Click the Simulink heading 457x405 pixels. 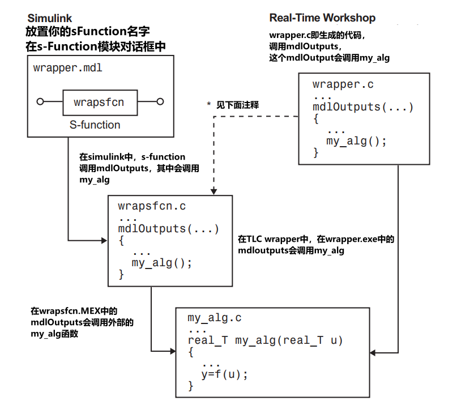(x=50, y=18)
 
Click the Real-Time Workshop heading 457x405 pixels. (x=322, y=18)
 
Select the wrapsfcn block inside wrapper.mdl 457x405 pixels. (x=99, y=103)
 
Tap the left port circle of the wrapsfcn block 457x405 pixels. (x=40, y=102)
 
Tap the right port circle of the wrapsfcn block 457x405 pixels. (x=160, y=102)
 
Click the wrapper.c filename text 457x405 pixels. (x=343, y=85)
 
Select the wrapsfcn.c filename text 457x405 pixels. (x=152, y=207)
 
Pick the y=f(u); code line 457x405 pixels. (x=225, y=374)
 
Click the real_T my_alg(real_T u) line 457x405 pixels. (x=266, y=340)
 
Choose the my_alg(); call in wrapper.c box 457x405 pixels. (x=356, y=141)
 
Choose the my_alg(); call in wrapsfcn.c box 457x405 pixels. (x=162, y=263)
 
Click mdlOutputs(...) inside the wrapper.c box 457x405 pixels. (x=363, y=107)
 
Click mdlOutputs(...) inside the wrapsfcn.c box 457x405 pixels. (x=168, y=229)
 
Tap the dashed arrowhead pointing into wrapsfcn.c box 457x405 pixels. (x=213, y=191)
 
